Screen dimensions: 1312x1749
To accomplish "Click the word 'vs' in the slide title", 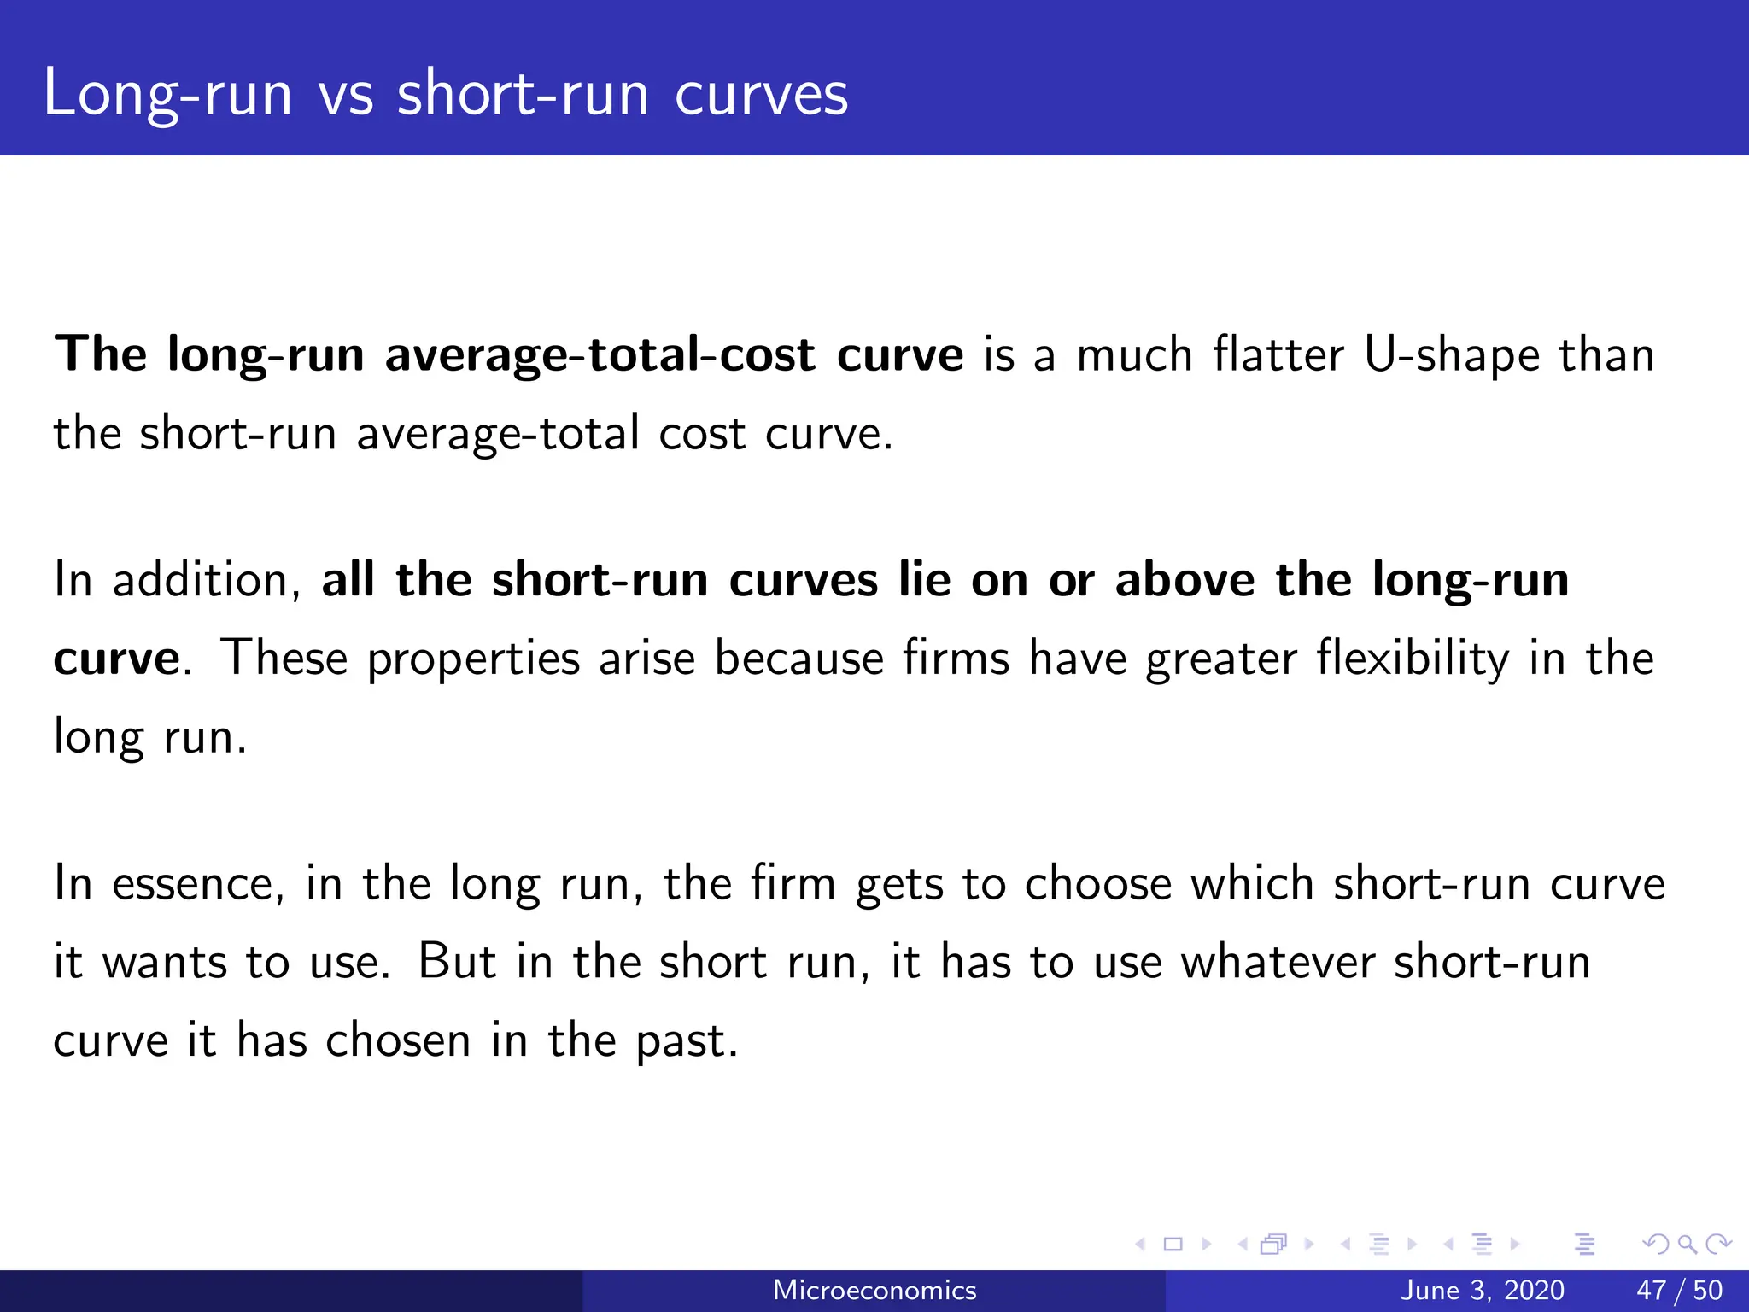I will coord(346,94).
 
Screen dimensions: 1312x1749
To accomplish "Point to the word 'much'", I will coord(1134,354).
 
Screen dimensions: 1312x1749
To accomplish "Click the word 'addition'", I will coord(206,579).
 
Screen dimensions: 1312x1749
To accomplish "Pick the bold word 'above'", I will coord(1185,579).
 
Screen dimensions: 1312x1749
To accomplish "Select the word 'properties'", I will coord(473,659).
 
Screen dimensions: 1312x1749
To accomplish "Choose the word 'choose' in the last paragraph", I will coord(1097,883).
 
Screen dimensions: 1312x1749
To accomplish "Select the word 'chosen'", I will coord(398,1040).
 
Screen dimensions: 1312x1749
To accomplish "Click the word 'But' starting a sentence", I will coord(457,962).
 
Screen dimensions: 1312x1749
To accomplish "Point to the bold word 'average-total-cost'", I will coord(600,355).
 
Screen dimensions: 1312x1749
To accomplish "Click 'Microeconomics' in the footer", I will coord(874,1290).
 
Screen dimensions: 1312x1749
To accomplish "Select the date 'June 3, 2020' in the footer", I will coord(1483,1290).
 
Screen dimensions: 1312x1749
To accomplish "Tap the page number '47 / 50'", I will coord(1679,1290).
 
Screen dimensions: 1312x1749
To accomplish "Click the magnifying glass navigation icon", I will coord(1686,1245).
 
